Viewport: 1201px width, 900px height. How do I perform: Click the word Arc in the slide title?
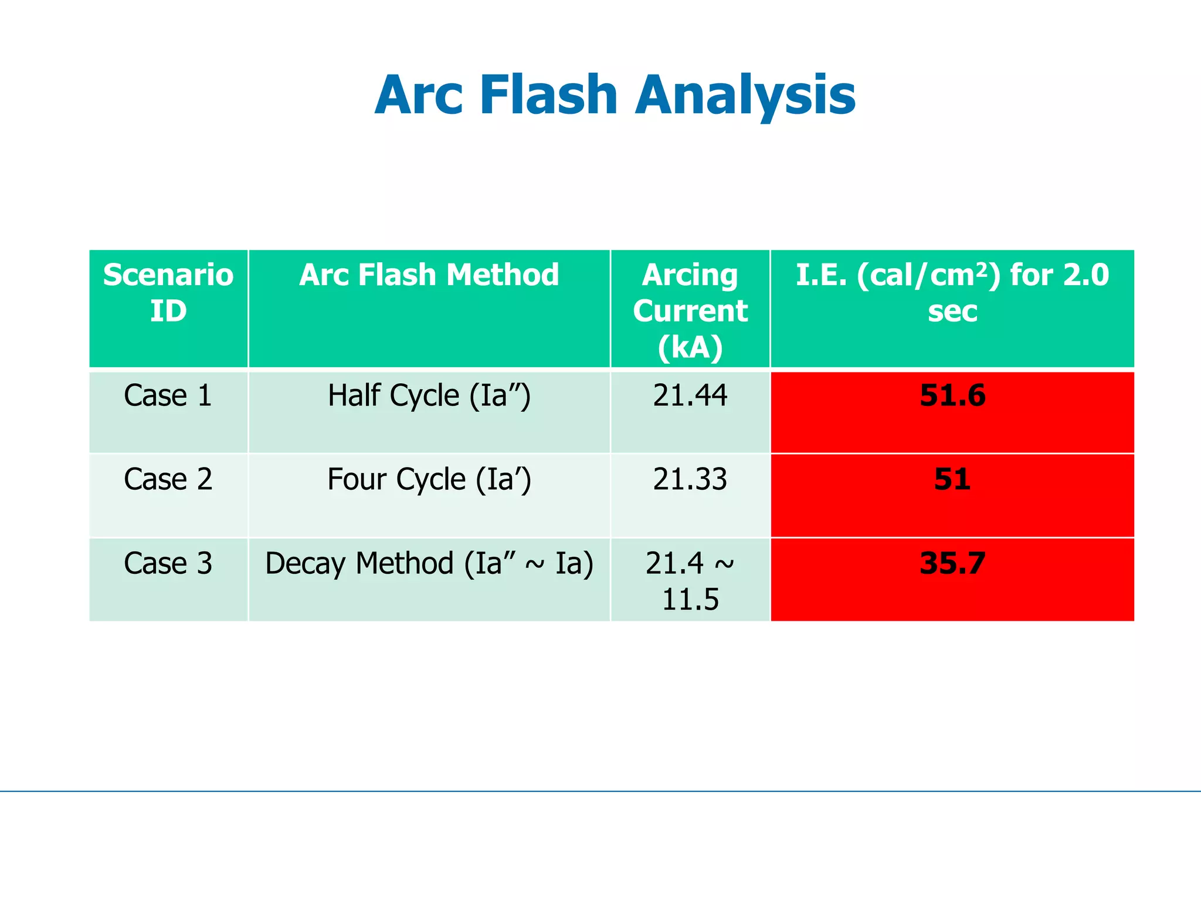pyautogui.click(x=420, y=95)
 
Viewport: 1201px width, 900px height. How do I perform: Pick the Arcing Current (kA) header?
pyautogui.click(x=690, y=310)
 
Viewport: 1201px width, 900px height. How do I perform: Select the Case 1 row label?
pyautogui.click(x=168, y=395)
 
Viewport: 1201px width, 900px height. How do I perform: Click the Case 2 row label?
pyautogui.click(x=168, y=479)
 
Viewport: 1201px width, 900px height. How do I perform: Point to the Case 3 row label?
pyautogui.click(x=168, y=563)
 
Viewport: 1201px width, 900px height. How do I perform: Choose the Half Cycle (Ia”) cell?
pyautogui.click(x=429, y=395)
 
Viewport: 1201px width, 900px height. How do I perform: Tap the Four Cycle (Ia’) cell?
pyautogui.click(x=429, y=479)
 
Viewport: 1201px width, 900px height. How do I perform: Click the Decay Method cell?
pyautogui.click(x=429, y=563)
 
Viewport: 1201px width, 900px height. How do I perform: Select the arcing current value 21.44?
pyautogui.click(x=690, y=395)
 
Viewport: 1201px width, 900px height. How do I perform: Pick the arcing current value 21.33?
pyautogui.click(x=690, y=479)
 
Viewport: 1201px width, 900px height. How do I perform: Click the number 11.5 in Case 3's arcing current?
pyautogui.click(x=690, y=600)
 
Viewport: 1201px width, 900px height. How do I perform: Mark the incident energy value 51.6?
pyautogui.click(x=952, y=395)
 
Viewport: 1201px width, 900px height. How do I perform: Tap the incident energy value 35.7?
pyautogui.click(x=952, y=563)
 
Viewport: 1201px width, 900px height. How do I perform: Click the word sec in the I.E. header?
pyautogui.click(x=952, y=311)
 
